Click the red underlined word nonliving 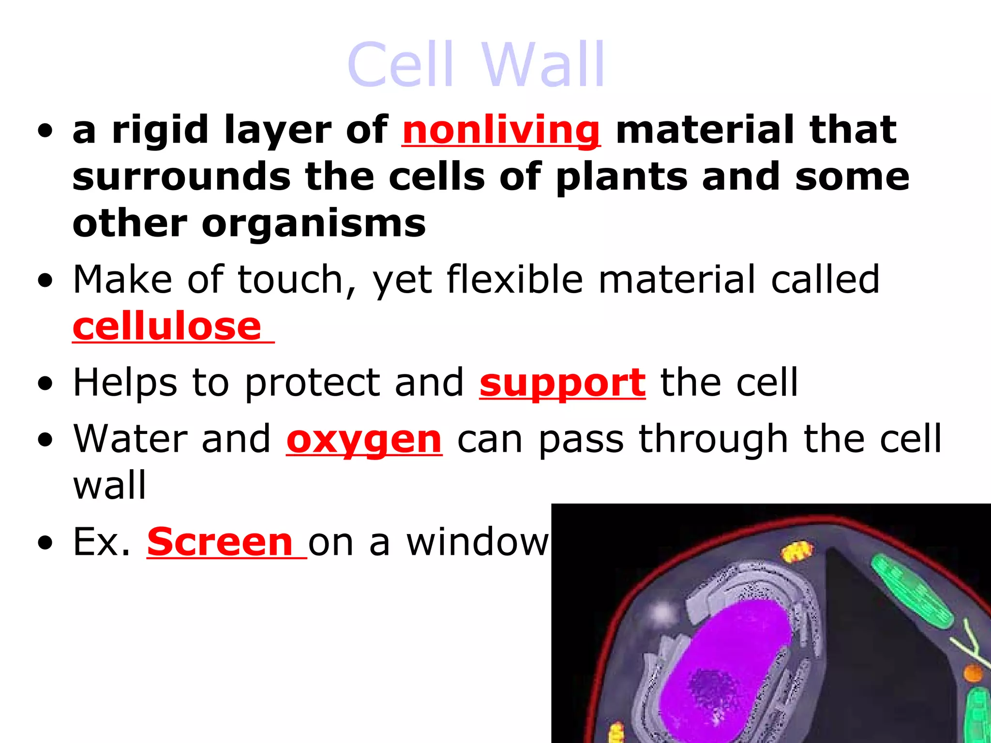(x=501, y=130)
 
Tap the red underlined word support (x=562, y=383)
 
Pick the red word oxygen (x=364, y=439)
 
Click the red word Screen (x=220, y=542)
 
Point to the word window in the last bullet (x=477, y=542)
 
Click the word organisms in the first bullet (x=314, y=223)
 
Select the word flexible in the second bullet (x=514, y=279)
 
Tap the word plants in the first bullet (x=621, y=177)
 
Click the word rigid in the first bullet (x=160, y=130)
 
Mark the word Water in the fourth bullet (x=129, y=439)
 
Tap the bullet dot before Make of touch (x=45, y=281)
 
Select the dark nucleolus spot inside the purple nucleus (x=711, y=687)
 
